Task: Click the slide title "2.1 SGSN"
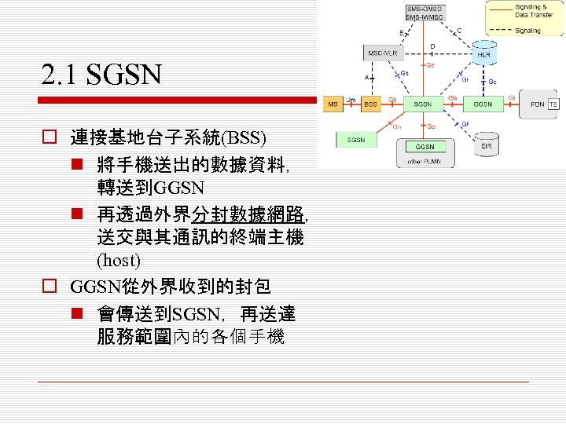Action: pyautogui.click(x=102, y=75)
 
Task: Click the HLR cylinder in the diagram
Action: pyautogui.click(x=483, y=53)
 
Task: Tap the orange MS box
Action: pyautogui.click(x=333, y=104)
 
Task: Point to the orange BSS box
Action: pyautogui.click(x=369, y=104)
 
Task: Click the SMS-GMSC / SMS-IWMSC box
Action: pyautogui.click(x=424, y=14)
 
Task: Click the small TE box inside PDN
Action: pyautogui.click(x=553, y=104)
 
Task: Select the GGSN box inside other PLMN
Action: pyautogui.click(x=424, y=147)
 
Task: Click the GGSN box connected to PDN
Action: pyautogui.click(x=483, y=104)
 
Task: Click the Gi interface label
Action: pyautogui.click(x=512, y=98)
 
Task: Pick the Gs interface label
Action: pyautogui.click(x=405, y=73)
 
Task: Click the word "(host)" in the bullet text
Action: pyautogui.click(x=118, y=259)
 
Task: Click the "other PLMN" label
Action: pyautogui.click(x=424, y=161)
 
